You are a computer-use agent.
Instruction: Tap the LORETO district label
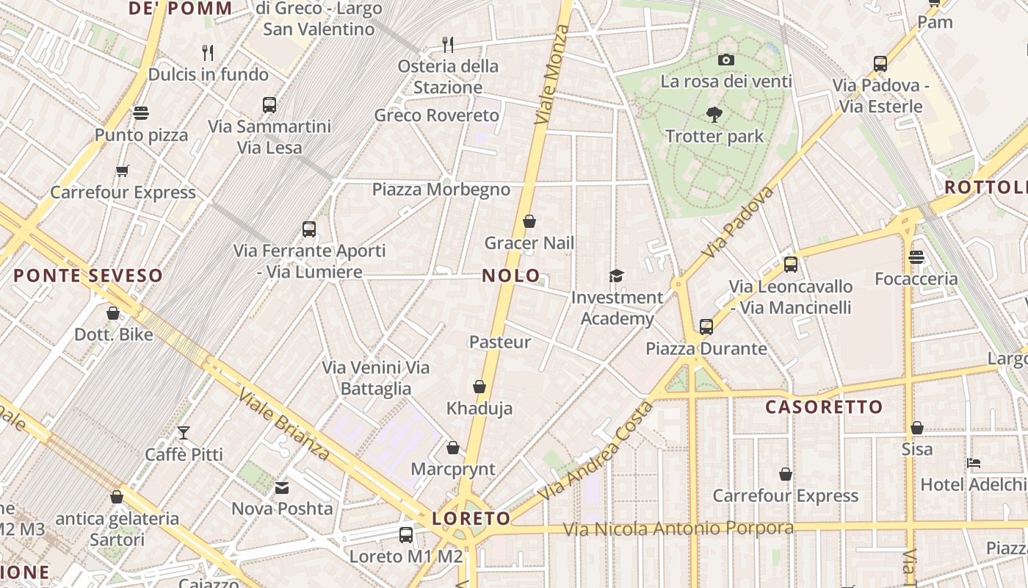(x=471, y=518)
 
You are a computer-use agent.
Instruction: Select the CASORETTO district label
(x=824, y=407)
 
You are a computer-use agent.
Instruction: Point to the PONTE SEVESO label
(x=88, y=276)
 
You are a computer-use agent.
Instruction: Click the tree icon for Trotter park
(x=714, y=115)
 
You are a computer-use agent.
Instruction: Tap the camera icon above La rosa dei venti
(x=726, y=60)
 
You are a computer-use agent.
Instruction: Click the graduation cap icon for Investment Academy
(x=616, y=276)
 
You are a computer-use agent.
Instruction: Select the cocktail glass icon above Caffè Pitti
(x=184, y=433)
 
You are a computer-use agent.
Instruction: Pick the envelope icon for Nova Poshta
(x=282, y=487)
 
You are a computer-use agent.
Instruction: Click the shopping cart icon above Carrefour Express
(x=123, y=171)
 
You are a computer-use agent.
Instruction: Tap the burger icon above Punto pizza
(x=141, y=113)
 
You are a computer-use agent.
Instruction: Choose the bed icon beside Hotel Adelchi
(x=974, y=463)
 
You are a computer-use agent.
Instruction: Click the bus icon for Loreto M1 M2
(x=406, y=535)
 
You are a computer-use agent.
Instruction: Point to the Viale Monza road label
(x=553, y=73)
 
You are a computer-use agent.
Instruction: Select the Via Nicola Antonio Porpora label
(x=678, y=528)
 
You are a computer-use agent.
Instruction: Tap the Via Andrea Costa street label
(x=596, y=451)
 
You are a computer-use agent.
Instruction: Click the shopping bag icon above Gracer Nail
(x=529, y=221)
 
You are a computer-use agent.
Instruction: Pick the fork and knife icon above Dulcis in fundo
(x=209, y=52)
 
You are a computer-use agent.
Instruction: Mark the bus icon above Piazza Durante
(x=706, y=327)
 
